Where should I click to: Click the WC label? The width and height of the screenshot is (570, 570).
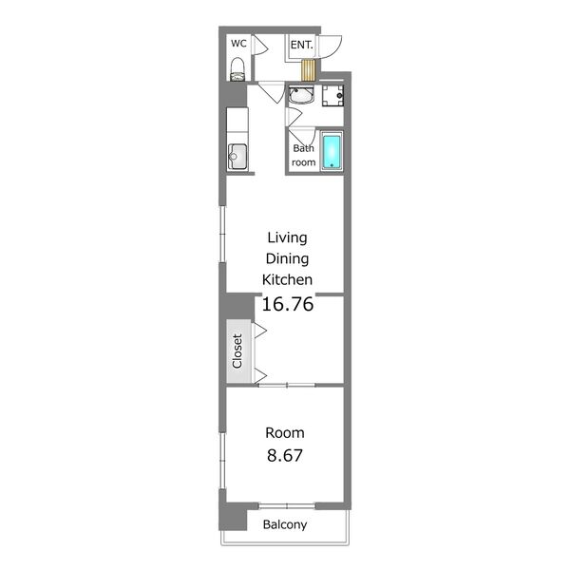[x=238, y=44]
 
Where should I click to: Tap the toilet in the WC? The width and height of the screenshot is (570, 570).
[x=237, y=69]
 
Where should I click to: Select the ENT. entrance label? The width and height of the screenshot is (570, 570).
[x=301, y=45]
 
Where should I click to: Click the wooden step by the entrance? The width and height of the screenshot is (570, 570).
[x=309, y=69]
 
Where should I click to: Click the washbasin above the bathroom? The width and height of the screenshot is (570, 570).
[x=301, y=95]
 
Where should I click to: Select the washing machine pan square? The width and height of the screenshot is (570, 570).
[x=332, y=96]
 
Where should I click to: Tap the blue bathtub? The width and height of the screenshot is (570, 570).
[x=332, y=151]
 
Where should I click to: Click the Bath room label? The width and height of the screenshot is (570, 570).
[x=304, y=155]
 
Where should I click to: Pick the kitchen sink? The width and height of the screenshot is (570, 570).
[x=237, y=157]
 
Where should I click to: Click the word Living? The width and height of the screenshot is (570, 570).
[x=287, y=237]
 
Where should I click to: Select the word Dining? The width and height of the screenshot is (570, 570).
[x=287, y=258]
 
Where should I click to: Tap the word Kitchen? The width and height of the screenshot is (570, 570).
[x=287, y=279]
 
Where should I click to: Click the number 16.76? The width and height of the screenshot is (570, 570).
[x=288, y=304]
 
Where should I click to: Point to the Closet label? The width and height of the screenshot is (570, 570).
[x=237, y=351]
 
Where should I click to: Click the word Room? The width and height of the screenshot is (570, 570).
[x=285, y=432]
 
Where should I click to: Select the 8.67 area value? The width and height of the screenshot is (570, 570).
[x=285, y=455]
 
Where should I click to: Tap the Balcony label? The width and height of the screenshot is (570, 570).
[x=285, y=524]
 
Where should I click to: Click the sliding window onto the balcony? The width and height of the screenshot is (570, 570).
[x=287, y=505]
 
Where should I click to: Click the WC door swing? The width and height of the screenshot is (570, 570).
[x=260, y=46]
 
